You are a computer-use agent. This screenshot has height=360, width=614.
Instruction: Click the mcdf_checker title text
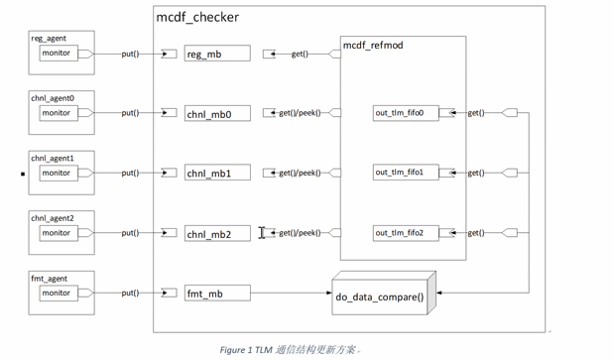click(x=197, y=17)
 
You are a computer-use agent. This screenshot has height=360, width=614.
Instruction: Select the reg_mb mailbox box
click(x=217, y=54)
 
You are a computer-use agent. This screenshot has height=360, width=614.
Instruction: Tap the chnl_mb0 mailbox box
click(x=217, y=114)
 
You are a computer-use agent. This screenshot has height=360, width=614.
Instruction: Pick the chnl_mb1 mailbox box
click(x=217, y=174)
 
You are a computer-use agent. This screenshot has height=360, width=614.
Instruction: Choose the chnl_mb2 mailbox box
click(x=217, y=234)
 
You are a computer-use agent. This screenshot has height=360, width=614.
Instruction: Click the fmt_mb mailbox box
click(x=217, y=294)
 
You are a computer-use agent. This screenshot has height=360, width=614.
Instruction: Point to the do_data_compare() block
click(x=381, y=296)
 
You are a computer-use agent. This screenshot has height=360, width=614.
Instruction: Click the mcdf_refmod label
click(x=373, y=46)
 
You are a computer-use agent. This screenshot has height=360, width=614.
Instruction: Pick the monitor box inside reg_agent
click(x=58, y=53)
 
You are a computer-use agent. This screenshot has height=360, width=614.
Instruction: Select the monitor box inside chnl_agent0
click(x=58, y=113)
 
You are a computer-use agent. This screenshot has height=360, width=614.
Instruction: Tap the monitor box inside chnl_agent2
click(x=58, y=233)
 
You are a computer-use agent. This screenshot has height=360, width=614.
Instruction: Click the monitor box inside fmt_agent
click(x=58, y=293)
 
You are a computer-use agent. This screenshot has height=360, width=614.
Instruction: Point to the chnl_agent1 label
click(x=53, y=159)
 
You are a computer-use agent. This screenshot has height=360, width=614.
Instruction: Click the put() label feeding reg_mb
click(x=130, y=54)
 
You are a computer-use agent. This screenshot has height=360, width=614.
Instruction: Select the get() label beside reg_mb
click(x=300, y=54)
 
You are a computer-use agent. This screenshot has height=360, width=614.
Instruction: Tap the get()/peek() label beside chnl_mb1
click(x=300, y=174)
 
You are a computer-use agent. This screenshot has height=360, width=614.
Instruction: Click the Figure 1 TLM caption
click(x=289, y=350)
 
